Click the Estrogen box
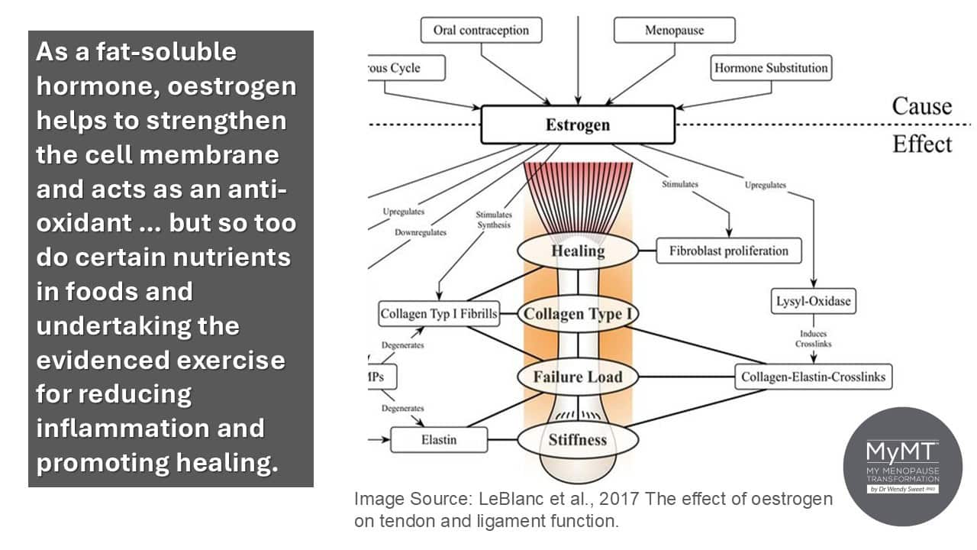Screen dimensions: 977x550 click(x=578, y=125)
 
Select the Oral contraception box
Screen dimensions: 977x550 click(x=481, y=30)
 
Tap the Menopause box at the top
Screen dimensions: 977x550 click(x=674, y=30)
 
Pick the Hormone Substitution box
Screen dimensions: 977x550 click(x=771, y=68)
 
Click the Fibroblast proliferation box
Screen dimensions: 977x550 click(x=729, y=251)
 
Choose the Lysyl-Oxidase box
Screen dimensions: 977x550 click(x=814, y=301)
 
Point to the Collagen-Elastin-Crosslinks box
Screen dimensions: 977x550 click(x=814, y=377)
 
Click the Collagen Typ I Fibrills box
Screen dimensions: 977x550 click(x=439, y=313)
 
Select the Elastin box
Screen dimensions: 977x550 click(x=439, y=439)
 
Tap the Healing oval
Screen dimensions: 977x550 click(x=578, y=251)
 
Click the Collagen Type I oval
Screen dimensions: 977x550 click(x=578, y=314)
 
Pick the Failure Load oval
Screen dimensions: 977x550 click(x=578, y=377)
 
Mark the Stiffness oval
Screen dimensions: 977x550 click(x=578, y=439)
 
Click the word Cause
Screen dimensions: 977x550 click(x=921, y=106)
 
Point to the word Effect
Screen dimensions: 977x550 click(x=922, y=144)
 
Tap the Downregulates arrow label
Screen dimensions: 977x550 click(x=421, y=232)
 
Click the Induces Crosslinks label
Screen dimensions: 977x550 click(x=814, y=338)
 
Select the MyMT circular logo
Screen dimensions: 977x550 click(x=903, y=467)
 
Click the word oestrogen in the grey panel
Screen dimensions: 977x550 click(x=231, y=86)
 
